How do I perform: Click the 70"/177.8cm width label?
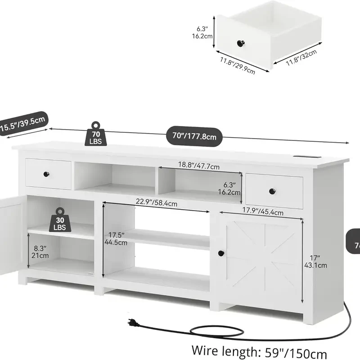click(194, 135)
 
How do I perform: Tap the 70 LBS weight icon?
click(96, 134)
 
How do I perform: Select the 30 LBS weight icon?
click(60, 220)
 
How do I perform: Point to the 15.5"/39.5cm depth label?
click(22, 123)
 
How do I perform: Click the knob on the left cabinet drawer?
click(46, 174)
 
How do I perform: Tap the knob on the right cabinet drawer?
click(272, 192)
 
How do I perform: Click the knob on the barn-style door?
click(221, 254)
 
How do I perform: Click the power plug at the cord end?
click(131, 322)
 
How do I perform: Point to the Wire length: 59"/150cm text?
click(259, 351)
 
